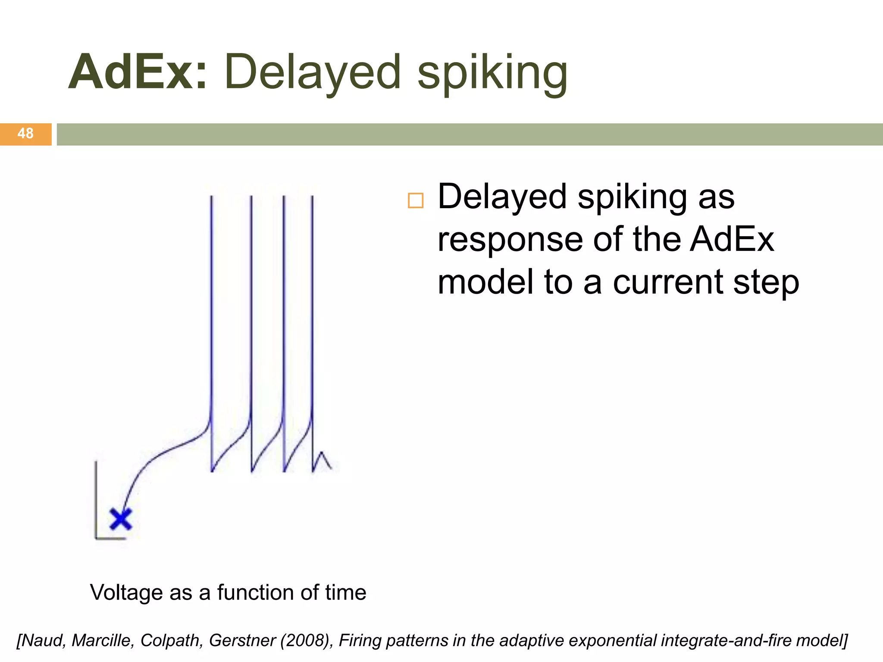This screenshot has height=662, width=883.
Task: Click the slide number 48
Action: pos(25,134)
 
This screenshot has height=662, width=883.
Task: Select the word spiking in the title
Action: pos(492,73)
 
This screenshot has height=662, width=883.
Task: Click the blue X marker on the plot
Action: pos(121,519)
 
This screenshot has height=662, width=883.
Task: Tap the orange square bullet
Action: pos(416,201)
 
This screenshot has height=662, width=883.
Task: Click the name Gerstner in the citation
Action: pos(242,640)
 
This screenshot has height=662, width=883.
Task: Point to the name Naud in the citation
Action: pos(43,640)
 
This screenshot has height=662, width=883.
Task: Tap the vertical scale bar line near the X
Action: pos(96,500)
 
